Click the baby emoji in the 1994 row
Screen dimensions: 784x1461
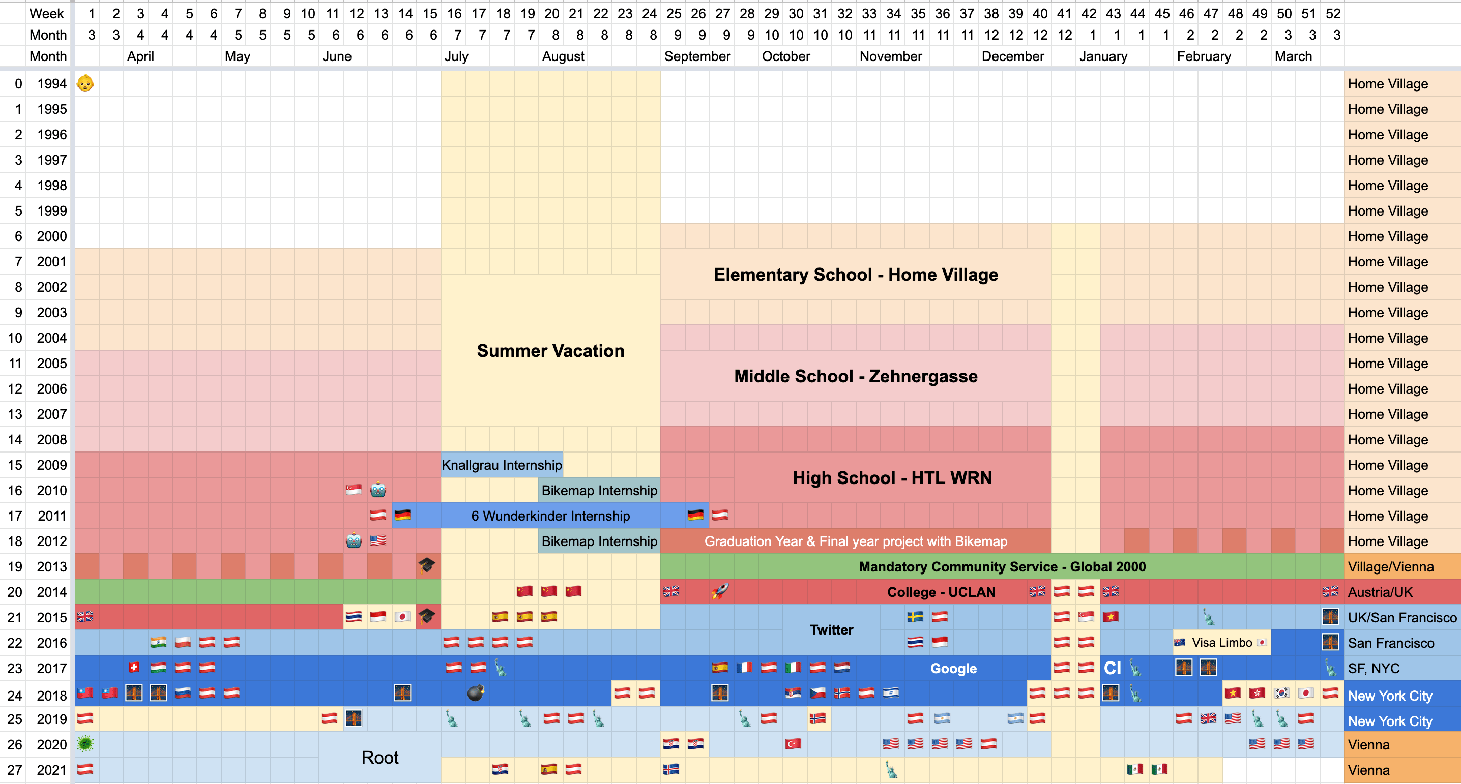[x=85, y=83]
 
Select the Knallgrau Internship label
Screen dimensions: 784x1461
[x=502, y=465]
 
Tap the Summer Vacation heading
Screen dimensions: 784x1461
[x=550, y=351]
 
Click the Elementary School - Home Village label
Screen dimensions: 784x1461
[x=855, y=275]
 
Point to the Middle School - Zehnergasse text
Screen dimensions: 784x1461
[x=855, y=376]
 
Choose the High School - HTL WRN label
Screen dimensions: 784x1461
[x=892, y=478]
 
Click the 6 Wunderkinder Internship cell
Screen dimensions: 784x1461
[x=550, y=516]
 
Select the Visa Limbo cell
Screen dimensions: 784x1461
[x=1222, y=642]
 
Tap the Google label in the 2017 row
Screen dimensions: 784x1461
[x=953, y=669]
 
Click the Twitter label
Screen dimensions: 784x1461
[x=831, y=630]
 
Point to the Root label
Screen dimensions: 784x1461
[x=379, y=758]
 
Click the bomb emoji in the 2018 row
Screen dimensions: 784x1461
[x=475, y=692]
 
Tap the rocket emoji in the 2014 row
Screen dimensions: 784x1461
[x=720, y=591]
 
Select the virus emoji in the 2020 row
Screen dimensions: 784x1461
[x=85, y=744]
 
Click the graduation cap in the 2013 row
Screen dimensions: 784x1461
[x=426, y=566]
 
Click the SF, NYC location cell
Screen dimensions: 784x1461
[x=1373, y=669]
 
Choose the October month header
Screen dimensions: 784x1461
[x=785, y=56]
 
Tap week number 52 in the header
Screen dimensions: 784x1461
[x=1333, y=14]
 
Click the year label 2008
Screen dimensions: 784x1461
[x=51, y=439]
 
